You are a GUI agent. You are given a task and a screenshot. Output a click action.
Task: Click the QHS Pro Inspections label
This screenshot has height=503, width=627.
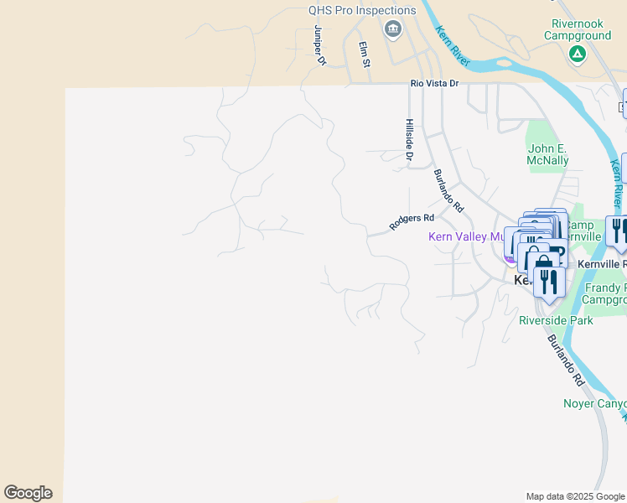pyautogui.click(x=362, y=11)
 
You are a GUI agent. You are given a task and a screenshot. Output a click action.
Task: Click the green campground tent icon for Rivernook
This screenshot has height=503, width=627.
pyautogui.click(x=577, y=54)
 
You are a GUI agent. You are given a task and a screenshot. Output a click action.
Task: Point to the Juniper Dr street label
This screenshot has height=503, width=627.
pyautogui.click(x=319, y=44)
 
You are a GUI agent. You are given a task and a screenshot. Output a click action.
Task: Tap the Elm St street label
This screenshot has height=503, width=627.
pyautogui.click(x=364, y=54)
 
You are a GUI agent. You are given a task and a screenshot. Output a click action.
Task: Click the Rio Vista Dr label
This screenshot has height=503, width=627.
pyautogui.click(x=435, y=84)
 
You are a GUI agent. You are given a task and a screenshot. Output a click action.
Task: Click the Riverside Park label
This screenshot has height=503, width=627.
pyautogui.click(x=556, y=320)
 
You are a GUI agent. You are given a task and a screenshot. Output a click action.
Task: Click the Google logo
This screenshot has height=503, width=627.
pyautogui.click(x=28, y=493)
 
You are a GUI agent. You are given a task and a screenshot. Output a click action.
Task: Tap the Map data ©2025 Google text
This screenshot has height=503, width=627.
pyautogui.click(x=575, y=496)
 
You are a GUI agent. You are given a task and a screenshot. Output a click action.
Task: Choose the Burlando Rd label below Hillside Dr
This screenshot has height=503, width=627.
pyautogui.click(x=448, y=190)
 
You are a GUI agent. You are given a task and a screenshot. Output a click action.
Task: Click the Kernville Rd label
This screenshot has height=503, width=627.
pyautogui.click(x=602, y=264)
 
